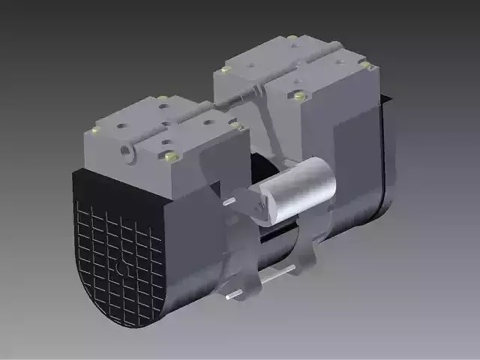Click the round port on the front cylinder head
click(125, 150)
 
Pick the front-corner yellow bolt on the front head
click(170, 156)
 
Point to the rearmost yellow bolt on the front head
click(163, 97)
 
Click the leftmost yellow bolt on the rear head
click(225, 69)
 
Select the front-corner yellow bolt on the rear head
click(299, 95)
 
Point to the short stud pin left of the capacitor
click(229, 201)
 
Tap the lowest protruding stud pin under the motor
click(233, 295)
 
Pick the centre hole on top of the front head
click(164, 123)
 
